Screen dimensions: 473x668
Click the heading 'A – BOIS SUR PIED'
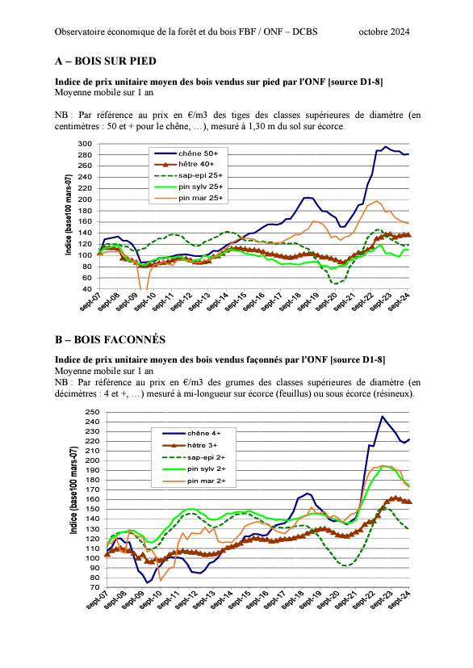[106, 61]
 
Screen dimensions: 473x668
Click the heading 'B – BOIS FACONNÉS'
[110, 339]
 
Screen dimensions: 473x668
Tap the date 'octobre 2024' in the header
[384, 32]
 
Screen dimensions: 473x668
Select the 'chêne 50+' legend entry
[186, 153]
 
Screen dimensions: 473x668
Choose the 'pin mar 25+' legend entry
[188, 198]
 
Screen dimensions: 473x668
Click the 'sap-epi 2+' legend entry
[194, 457]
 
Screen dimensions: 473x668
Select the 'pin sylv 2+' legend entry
[195, 469]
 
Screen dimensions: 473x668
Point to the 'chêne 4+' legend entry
[191, 433]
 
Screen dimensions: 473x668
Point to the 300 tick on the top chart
[85, 144]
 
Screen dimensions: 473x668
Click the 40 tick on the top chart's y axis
[87, 289]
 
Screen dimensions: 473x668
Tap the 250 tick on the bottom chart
[92, 412]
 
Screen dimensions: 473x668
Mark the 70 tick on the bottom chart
[95, 587]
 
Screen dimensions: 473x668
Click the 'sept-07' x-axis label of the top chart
[90, 301]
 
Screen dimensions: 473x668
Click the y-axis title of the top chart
[68, 215]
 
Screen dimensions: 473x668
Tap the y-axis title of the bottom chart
[73, 490]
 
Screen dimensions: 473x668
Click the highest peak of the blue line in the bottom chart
[383, 416]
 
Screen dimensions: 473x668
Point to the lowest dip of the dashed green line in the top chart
[336, 284]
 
